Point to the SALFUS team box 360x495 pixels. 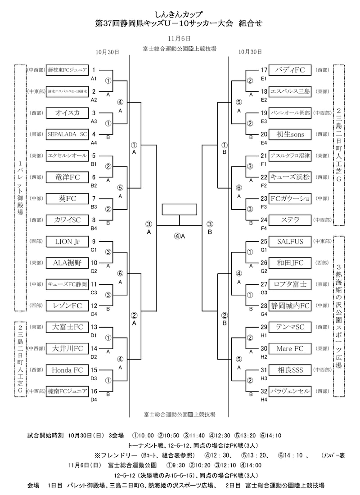point(290,242)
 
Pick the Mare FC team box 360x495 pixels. point(290,348)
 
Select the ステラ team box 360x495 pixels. point(290,220)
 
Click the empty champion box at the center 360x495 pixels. point(180,210)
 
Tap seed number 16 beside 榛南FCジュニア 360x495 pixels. point(94,391)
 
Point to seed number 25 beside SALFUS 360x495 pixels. point(264,242)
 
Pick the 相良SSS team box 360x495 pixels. point(290,370)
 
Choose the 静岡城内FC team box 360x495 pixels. point(290,306)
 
